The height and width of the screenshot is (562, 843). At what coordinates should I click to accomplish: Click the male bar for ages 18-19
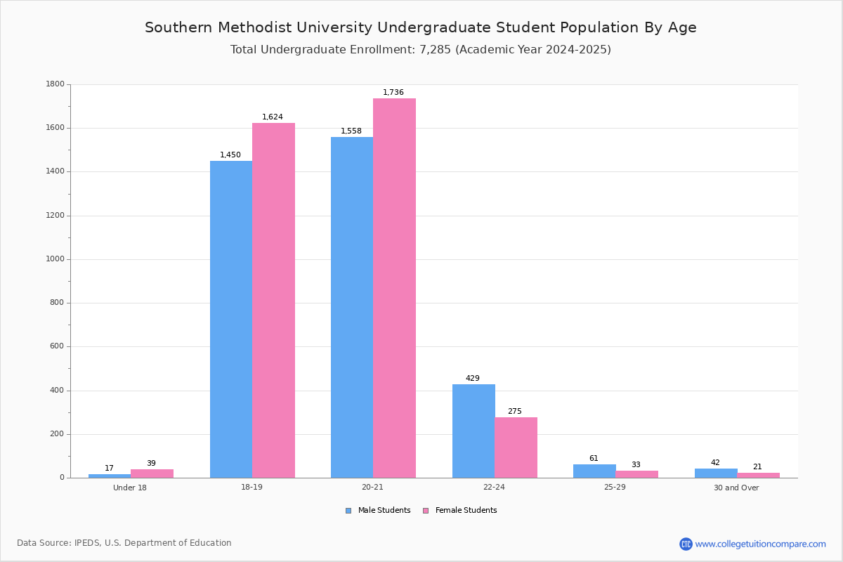[231, 320]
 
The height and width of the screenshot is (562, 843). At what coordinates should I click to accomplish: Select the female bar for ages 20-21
[394, 288]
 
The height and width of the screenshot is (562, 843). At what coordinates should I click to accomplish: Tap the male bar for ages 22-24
[473, 431]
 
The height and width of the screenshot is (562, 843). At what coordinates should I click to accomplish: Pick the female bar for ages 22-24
[516, 447]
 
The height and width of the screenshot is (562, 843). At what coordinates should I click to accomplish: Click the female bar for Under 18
[152, 473]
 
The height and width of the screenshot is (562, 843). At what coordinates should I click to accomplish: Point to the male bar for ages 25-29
[594, 471]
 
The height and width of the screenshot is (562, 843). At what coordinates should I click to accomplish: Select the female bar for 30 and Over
[758, 475]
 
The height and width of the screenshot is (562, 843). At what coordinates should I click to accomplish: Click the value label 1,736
[393, 93]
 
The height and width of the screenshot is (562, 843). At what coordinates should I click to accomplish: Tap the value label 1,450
[230, 155]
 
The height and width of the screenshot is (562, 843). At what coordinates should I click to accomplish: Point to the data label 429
[473, 379]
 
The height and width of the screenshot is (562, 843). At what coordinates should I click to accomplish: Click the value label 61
[594, 459]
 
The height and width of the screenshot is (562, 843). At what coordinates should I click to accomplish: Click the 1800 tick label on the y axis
[55, 84]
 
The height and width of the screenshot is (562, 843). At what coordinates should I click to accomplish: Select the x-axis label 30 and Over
[736, 488]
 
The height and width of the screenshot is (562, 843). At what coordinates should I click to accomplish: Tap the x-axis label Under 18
[130, 488]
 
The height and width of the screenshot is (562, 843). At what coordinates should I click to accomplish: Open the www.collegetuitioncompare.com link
[760, 544]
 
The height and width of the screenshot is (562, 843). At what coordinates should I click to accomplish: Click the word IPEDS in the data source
[89, 543]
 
